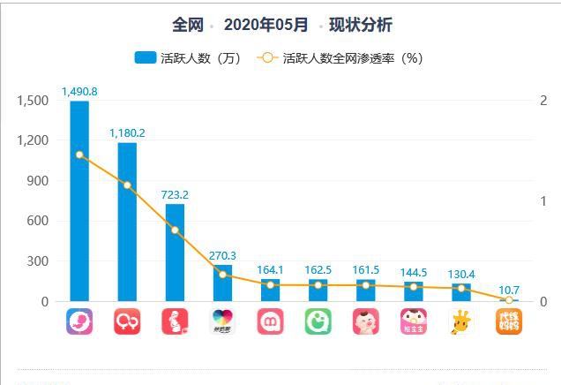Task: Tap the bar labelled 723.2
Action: (175, 256)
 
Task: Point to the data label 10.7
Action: (508, 289)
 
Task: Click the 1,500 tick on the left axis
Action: (33, 101)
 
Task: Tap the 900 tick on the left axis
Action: (38, 181)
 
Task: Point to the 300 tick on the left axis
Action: (38, 261)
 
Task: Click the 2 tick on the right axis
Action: (543, 101)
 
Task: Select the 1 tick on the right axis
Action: (543, 201)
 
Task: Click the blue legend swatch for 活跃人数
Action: (145, 59)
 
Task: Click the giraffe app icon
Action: (460, 321)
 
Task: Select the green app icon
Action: (318, 321)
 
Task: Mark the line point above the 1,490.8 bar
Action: (79, 155)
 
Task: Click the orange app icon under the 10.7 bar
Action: (509, 321)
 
